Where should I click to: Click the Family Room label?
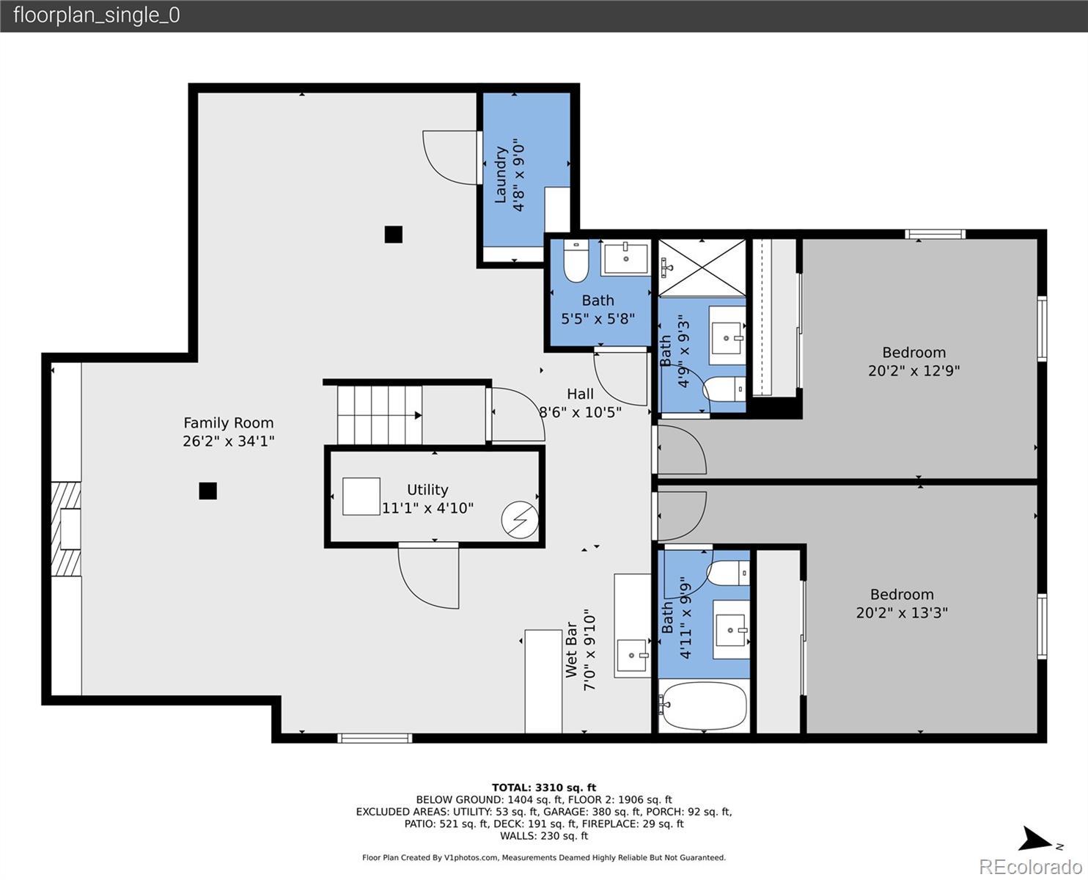(228, 423)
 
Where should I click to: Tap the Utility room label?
(427, 490)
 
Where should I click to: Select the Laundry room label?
(501, 175)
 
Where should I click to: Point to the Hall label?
(580, 395)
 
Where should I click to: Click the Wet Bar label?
(571, 650)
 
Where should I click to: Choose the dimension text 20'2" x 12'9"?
(914, 371)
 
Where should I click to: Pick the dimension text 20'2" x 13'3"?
(902, 613)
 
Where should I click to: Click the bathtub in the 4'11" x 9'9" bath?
(704, 706)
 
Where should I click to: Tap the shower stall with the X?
(702, 267)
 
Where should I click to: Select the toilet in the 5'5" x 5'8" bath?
(576, 261)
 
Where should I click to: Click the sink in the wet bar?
(633, 655)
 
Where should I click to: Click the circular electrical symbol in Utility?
(520, 520)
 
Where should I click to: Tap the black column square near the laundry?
(393, 235)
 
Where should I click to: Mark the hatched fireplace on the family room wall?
(66, 529)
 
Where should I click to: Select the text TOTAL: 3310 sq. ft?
(544, 788)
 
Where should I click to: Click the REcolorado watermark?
(1031, 866)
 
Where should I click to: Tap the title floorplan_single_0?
(97, 15)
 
